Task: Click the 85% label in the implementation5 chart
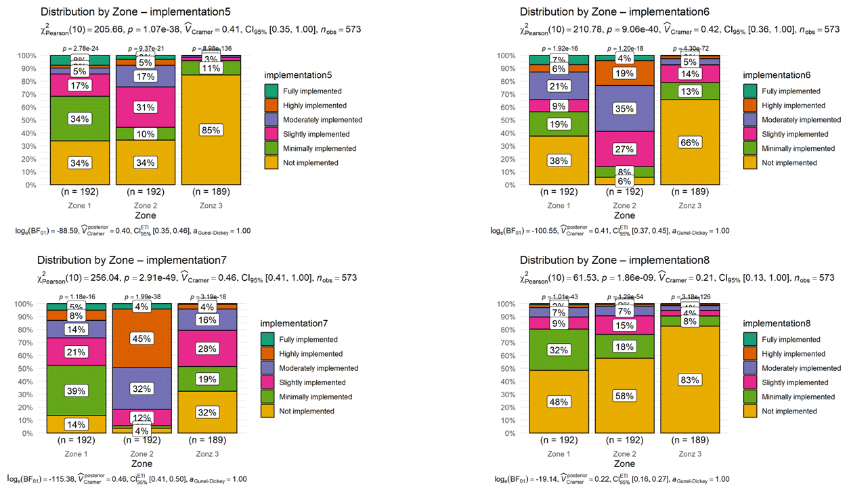tap(211, 130)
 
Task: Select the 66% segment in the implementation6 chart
tap(690, 143)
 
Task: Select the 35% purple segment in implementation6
tap(625, 108)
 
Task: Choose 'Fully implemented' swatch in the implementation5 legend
tap(271, 91)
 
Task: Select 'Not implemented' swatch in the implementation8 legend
tap(751, 411)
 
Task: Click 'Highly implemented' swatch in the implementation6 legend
tap(751, 106)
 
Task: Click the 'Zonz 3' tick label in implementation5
tap(211, 205)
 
